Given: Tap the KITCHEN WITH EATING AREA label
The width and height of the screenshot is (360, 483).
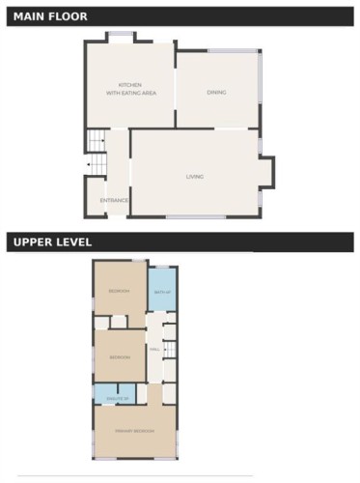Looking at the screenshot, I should (130, 89).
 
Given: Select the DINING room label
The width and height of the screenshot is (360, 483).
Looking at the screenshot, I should (216, 92).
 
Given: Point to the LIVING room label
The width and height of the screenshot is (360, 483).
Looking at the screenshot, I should (195, 176).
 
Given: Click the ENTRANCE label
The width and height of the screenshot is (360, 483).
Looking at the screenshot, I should (114, 200).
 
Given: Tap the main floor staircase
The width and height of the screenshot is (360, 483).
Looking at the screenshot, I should (95, 142).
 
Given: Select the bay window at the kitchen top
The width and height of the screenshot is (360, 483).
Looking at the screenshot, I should (121, 38).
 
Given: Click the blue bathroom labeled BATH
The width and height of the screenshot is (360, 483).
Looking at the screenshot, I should (162, 291).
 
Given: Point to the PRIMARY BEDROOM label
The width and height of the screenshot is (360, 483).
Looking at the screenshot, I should (134, 431).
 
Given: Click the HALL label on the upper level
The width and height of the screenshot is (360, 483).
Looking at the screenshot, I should (154, 351).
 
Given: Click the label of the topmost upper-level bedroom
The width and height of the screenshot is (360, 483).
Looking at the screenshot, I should (119, 291).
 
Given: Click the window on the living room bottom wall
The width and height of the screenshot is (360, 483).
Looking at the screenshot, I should (195, 216).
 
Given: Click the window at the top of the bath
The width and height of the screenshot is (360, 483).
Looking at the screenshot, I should (162, 266).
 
